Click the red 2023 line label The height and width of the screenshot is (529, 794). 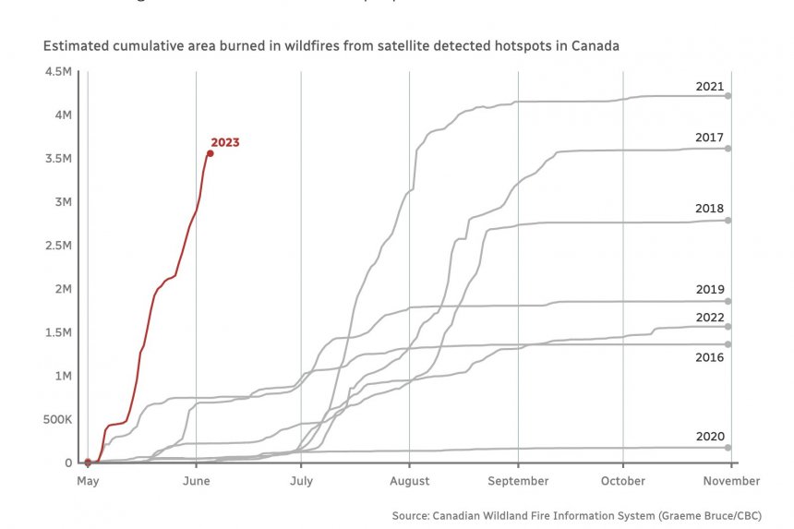pyautogui.click(x=224, y=142)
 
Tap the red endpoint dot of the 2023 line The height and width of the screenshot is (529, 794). pyautogui.click(x=210, y=153)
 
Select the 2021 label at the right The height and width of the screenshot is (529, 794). pyautogui.click(x=709, y=86)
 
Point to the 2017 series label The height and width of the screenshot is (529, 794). pyautogui.click(x=709, y=138)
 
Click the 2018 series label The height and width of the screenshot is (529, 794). pyautogui.click(x=709, y=209)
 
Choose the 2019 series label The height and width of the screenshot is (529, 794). pyautogui.click(x=709, y=289)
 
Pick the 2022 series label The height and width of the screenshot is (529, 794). pyautogui.click(x=709, y=317)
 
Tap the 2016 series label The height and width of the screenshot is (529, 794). pyautogui.click(x=709, y=356)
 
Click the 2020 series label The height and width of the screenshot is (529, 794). pyautogui.click(x=709, y=437)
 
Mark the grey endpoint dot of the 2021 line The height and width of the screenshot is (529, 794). pyautogui.click(x=728, y=96)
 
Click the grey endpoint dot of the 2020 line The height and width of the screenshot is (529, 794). pyautogui.click(x=728, y=448)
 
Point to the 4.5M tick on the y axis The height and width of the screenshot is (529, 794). pyautogui.click(x=58, y=71)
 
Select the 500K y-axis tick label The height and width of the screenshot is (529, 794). pyautogui.click(x=56, y=419)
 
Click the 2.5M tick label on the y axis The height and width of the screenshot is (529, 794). pyautogui.click(x=58, y=246)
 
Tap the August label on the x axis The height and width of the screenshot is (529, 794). pyautogui.click(x=409, y=481)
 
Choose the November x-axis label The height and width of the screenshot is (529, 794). pyautogui.click(x=731, y=481)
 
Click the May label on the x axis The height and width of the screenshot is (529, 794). pyautogui.click(x=88, y=481)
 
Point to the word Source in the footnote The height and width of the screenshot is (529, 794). pyautogui.click(x=411, y=515)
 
